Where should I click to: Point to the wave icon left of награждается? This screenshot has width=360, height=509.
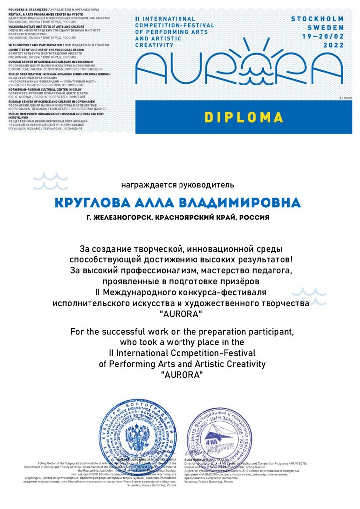pos(50,181)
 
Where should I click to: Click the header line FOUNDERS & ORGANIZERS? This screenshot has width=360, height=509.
pos(28,9)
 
